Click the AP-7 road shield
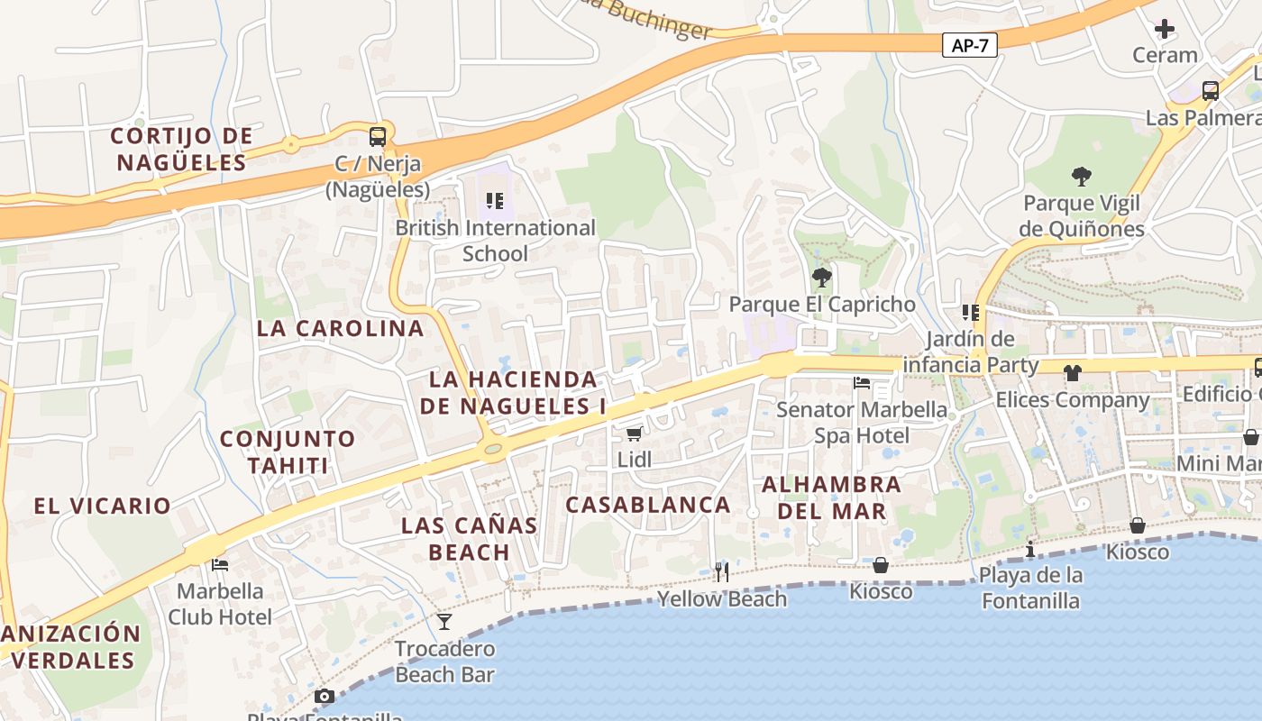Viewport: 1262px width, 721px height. point(970,45)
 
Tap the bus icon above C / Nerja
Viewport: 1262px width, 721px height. point(378,137)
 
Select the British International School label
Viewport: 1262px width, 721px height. point(495,241)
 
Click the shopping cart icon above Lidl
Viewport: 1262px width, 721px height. point(635,434)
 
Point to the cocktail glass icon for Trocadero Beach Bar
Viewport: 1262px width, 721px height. point(444,621)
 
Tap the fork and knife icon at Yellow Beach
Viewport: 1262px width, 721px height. point(721,571)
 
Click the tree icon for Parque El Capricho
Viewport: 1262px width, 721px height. point(821,277)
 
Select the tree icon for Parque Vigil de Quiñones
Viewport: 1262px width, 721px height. point(1082,176)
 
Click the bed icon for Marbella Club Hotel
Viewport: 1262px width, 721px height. point(220,565)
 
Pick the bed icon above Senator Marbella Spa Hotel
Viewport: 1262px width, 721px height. point(862,382)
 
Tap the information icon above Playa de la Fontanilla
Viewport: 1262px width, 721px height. point(1030,549)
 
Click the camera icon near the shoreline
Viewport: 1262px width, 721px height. point(325,696)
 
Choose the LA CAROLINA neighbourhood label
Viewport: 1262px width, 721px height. point(340,328)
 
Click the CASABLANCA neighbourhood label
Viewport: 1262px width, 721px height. point(648,505)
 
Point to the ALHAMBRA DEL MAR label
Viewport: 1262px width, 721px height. point(831,497)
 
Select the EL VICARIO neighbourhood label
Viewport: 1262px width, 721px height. point(102,506)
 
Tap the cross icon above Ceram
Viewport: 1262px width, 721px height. point(1165,29)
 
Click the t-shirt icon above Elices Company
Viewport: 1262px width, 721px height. point(1072,372)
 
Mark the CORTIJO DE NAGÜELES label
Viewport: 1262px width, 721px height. point(182,150)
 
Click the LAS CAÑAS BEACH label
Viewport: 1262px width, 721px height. point(469,538)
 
